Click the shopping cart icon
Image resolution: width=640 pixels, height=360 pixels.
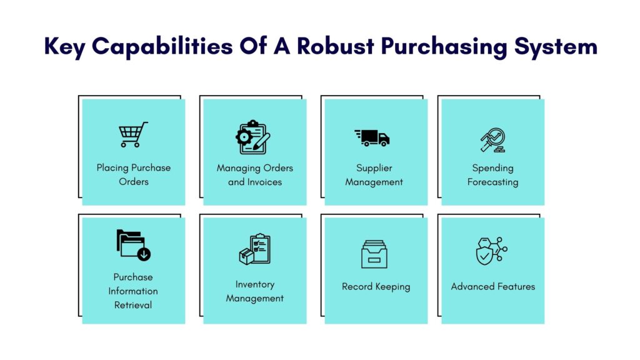pos(133,134)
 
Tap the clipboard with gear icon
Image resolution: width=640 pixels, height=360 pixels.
pos(252,137)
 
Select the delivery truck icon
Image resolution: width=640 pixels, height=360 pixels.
pos(372,138)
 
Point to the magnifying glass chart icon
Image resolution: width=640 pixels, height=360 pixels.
pos(492,140)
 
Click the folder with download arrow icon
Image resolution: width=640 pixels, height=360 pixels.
pos(133,245)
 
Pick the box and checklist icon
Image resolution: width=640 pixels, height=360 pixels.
pos(255,249)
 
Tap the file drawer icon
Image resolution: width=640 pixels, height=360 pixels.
pos(374,254)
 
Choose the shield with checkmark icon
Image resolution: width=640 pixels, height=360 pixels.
pos(491,251)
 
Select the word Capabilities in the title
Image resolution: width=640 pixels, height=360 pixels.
pos(162,46)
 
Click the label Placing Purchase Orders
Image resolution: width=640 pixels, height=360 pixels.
pos(134,175)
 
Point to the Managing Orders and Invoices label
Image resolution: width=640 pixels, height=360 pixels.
pos(255,175)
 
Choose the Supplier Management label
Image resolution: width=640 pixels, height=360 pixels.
pos(374,175)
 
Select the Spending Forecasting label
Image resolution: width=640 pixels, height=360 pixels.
pos(492,175)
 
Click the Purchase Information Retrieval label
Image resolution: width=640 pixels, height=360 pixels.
pos(133,291)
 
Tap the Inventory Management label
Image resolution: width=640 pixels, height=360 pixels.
pos(255,291)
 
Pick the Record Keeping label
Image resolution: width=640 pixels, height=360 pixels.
pos(376,287)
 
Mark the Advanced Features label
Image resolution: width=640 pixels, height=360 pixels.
pos(492,286)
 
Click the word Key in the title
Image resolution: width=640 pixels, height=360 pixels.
pos(64,46)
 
